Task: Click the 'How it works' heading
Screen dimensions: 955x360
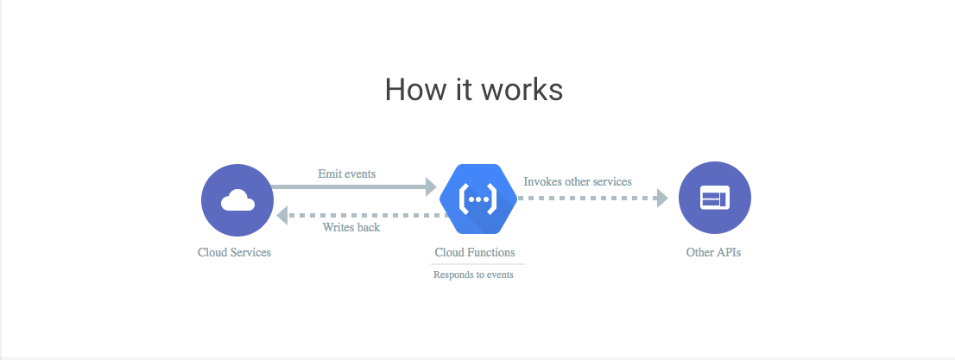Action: [x=473, y=90]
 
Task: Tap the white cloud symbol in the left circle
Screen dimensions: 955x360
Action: [x=237, y=201]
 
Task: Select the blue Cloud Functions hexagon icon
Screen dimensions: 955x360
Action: [x=477, y=199]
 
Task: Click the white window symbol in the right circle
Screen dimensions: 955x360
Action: [x=715, y=199]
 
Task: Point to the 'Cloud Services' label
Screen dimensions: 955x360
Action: [x=234, y=253]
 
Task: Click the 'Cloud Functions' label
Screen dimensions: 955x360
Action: [x=475, y=253]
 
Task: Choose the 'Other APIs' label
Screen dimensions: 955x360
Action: [x=713, y=253]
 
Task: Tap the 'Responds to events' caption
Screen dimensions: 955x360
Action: [x=473, y=275]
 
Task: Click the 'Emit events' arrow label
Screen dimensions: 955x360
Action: [x=346, y=174]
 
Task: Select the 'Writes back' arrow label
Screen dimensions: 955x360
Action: [x=351, y=228]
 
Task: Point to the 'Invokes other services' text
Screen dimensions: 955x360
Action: [x=578, y=181]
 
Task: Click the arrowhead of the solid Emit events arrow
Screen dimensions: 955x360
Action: [x=431, y=186]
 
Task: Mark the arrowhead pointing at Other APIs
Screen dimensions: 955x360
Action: [x=662, y=198]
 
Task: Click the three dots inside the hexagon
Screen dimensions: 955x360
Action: [x=477, y=199]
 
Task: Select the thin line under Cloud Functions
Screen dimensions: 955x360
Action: [x=477, y=264]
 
